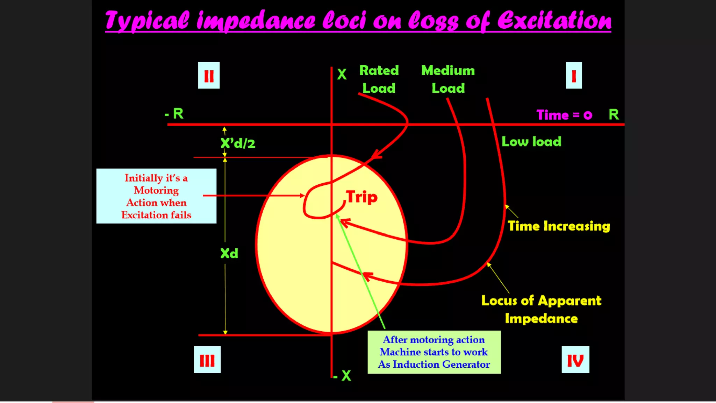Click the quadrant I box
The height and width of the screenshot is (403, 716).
[574, 75]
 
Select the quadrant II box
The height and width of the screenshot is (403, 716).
[209, 75]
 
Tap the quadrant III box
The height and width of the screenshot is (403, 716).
[207, 360]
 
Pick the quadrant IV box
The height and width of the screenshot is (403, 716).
[575, 360]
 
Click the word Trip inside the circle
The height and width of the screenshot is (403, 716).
[361, 197]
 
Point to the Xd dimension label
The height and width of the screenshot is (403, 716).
[229, 253]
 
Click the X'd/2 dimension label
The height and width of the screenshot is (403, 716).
[238, 143]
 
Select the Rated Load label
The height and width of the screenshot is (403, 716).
[379, 79]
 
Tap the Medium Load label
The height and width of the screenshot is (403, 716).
[448, 79]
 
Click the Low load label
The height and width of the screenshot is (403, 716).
[531, 141]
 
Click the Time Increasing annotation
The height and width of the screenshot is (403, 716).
[559, 226]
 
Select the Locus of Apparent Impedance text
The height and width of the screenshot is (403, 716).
[541, 309]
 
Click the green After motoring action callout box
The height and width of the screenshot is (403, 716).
[434, 352]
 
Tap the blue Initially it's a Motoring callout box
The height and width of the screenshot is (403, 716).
[156, 196]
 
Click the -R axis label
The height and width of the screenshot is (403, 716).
[174, 114]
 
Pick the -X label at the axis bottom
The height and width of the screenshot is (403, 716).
[342, 376]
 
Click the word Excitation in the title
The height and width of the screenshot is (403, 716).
[554, 20]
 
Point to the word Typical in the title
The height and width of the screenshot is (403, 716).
[147, 20]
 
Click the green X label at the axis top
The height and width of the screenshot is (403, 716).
[342, 74]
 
